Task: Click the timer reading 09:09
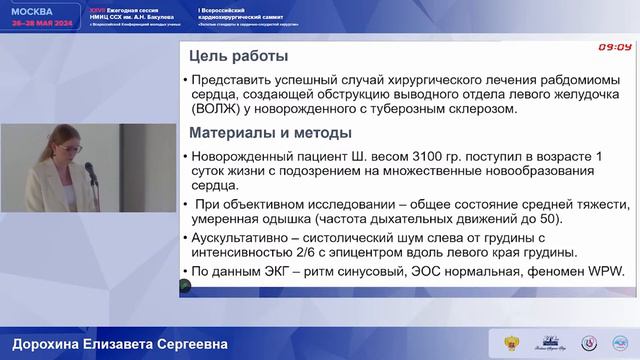[614, 47]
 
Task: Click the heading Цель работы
[239, 56]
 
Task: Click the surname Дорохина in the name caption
[41, 344]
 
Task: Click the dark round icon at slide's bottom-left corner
[184, 288]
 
